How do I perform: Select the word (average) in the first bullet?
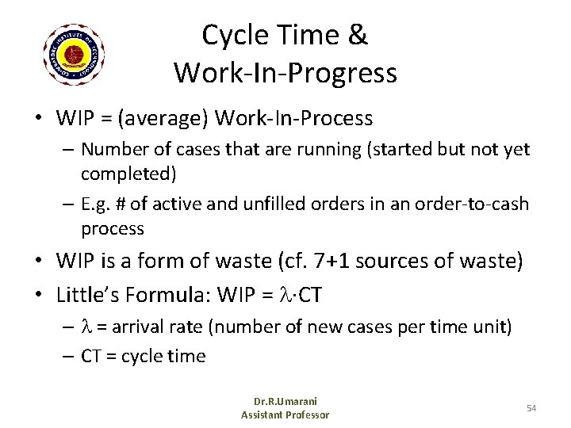click(x=161, y=119)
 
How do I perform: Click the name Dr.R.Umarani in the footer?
click(x=285, y=402)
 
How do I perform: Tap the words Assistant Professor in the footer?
click(x=285, y=415)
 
